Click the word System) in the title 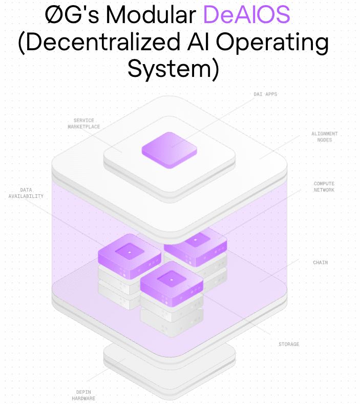[173, 68]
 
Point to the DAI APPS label [265, 94]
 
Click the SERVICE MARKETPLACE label [83, 124]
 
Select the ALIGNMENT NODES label [324, 136]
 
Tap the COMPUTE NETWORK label [324, 187]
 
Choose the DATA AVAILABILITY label [25, 192]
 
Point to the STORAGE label [288, 344]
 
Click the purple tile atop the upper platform [170, 149]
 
